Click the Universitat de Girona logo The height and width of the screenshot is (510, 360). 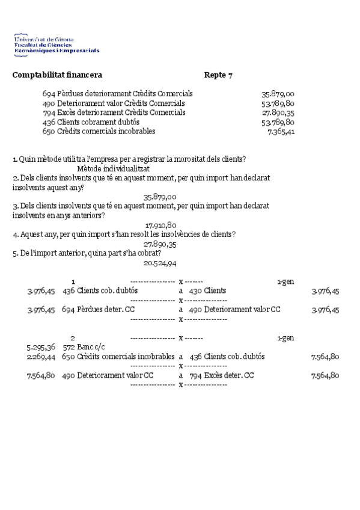[x=56, y=44]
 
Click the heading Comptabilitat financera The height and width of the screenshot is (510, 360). [x=57, y=75]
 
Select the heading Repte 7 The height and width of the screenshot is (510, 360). [x=218, y=75]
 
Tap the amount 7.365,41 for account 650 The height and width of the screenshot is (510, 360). [x=281, y=132]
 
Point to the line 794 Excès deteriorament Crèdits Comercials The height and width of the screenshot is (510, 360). [x=114, y=112]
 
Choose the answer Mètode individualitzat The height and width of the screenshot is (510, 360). [x=113, y=169]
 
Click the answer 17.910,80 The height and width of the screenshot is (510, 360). [x=160, y=225]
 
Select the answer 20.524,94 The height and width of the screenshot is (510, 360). [x=160, y=263]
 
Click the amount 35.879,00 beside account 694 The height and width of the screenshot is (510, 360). [x=278, y=94]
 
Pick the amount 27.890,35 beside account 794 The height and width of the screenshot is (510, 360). [x=278, y=112]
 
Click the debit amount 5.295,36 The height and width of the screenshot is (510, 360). [x=41, y=347]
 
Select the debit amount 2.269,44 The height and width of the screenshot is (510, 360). [x=41, y=357]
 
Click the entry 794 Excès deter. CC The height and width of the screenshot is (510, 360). [x=222, y=376]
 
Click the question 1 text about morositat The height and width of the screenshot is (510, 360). [x=129, y=159]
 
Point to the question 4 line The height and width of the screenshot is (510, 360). [x=124, y=235]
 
